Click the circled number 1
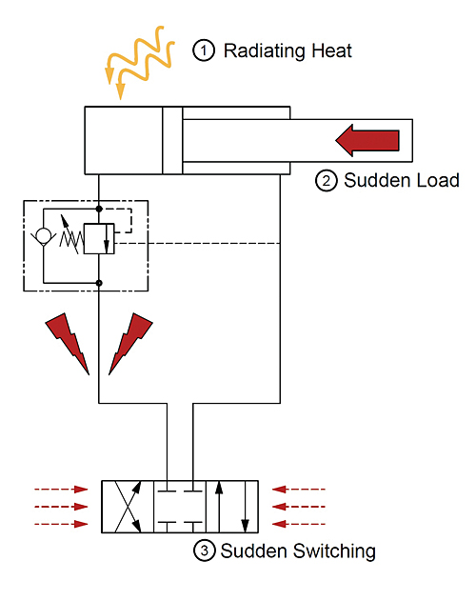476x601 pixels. [203, 50]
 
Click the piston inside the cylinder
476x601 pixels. [171, 141]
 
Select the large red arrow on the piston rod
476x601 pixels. [366, 140]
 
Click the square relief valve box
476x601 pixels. [98, 237]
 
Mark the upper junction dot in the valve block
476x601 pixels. [99, 208]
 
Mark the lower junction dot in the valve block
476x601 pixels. [99, 282]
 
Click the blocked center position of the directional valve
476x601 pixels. [180, 507]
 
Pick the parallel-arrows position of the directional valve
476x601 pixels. [233, 507]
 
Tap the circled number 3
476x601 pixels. [203, 551]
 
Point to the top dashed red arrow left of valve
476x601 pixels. [61, 490]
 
